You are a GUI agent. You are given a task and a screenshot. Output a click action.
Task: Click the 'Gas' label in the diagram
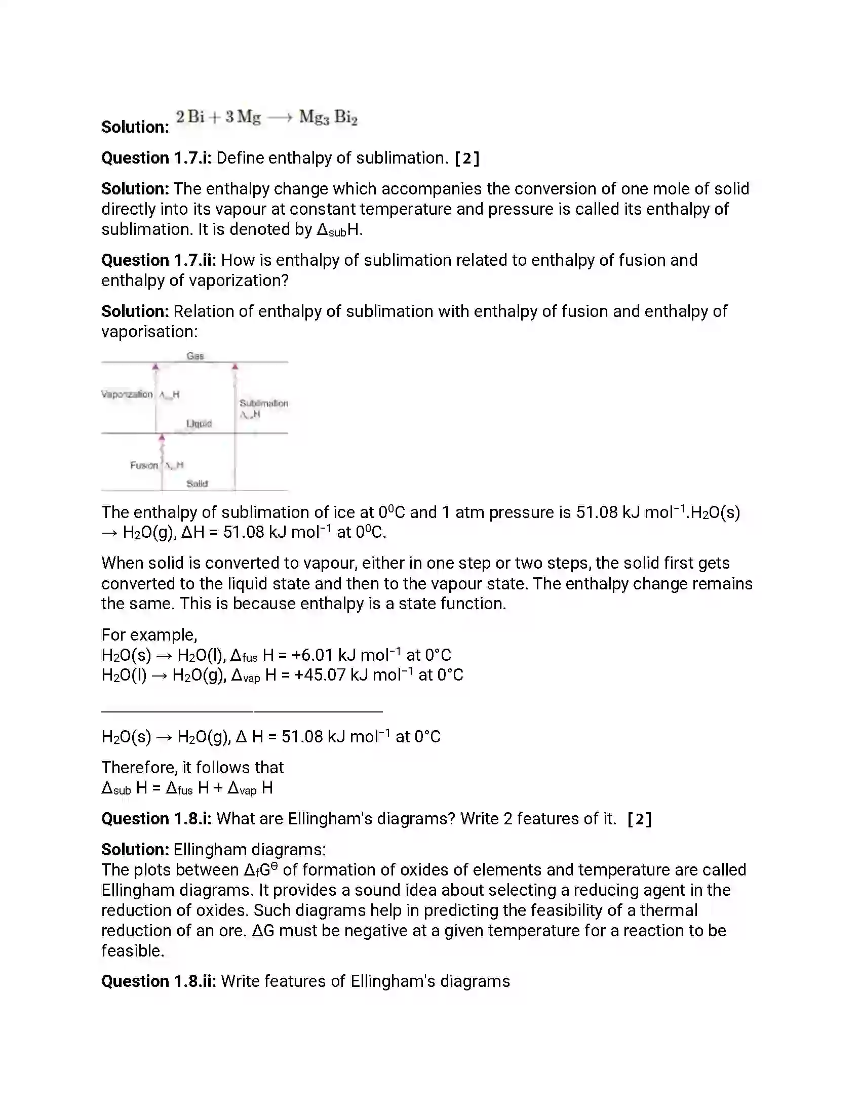pyautogui.click(x=195, y=355)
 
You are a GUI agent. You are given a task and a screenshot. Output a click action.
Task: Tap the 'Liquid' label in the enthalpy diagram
pyautogui.click(x=199, y=423)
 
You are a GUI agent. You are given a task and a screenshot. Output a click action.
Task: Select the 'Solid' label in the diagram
pyautogui.click(x=197, y=483)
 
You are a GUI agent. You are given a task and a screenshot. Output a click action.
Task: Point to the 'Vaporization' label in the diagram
pyautogui.click(x=127, y=394)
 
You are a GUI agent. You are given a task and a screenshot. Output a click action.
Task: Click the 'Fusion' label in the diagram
pyautogui.click(x=144, y=465)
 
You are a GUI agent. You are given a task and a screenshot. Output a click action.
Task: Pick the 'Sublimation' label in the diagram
pyautogui.click(x=264, y=403)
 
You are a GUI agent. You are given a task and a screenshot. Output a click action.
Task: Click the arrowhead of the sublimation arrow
pyautogui.click(x=235, y=367)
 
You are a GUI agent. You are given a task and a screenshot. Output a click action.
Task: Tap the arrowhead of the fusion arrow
pyautogui.click(x=162, y=437)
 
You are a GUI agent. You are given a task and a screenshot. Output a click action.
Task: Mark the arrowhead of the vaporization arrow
pyautogui.click(x=155, y=367)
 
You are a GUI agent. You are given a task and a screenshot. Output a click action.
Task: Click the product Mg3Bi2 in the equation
pyautogui.click(x=328, y=118)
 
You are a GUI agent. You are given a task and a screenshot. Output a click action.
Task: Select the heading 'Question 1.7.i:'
pyautogui.click(x=156, y=158)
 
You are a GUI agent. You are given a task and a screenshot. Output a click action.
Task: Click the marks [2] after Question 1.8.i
pyautogui.click(x=639, y=819)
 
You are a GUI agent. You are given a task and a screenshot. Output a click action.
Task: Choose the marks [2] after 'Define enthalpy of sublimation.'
pyautogui.click(x=467, y=158)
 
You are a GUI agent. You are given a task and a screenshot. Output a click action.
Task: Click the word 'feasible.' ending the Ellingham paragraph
pyautogui.click(x=133, y=951)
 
